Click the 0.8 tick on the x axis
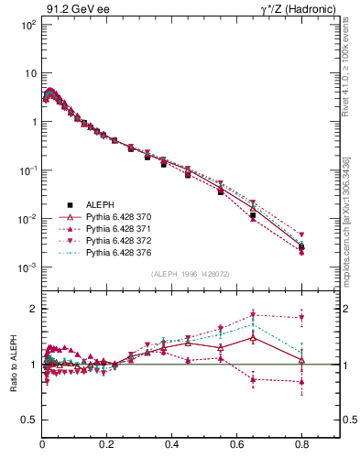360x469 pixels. [301, 446]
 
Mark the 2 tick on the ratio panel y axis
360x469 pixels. [34, 309]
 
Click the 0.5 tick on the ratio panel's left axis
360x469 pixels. [29, 420]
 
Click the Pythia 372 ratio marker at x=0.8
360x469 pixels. [301, 318]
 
